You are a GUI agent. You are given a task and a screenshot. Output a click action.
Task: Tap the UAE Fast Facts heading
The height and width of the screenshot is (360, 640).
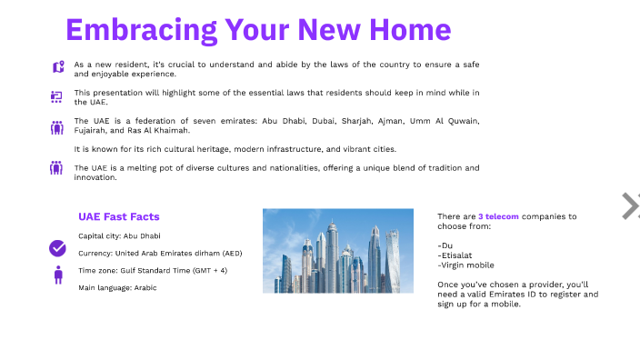pyautogui.click(x=119, y=216)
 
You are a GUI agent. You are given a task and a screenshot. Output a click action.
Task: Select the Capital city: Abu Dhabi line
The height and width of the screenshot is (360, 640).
pyautogui.click(x=119, y=235)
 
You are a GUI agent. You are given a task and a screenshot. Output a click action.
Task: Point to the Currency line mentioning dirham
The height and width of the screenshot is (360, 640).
pyautogui.click(x=160, y=253)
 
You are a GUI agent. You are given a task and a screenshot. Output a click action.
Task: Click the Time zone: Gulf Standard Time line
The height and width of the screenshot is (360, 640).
pyautogui.click(x=153, y=270)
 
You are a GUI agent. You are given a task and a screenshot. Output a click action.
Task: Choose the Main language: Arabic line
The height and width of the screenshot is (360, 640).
pyautogui.click(x=117, y=287)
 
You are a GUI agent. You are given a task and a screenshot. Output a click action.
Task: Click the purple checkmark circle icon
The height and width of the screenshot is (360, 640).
pyautogui.click(x=57, y=247)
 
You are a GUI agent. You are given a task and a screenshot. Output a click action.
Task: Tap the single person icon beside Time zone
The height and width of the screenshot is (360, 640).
pyautogui.click(x=58, y=275)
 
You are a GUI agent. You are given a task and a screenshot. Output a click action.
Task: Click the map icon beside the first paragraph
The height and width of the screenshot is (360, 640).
pyautogui.click(x=58, y=66)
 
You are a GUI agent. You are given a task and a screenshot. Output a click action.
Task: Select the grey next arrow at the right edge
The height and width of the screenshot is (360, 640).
pyautogui.click(x=630, y=206)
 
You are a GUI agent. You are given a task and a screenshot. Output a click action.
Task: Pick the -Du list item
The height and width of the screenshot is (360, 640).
pyautogui.click(x=445, y=245)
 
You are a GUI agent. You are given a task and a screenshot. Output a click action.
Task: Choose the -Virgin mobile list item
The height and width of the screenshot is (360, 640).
pyautogui.click(x=465, y=265)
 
